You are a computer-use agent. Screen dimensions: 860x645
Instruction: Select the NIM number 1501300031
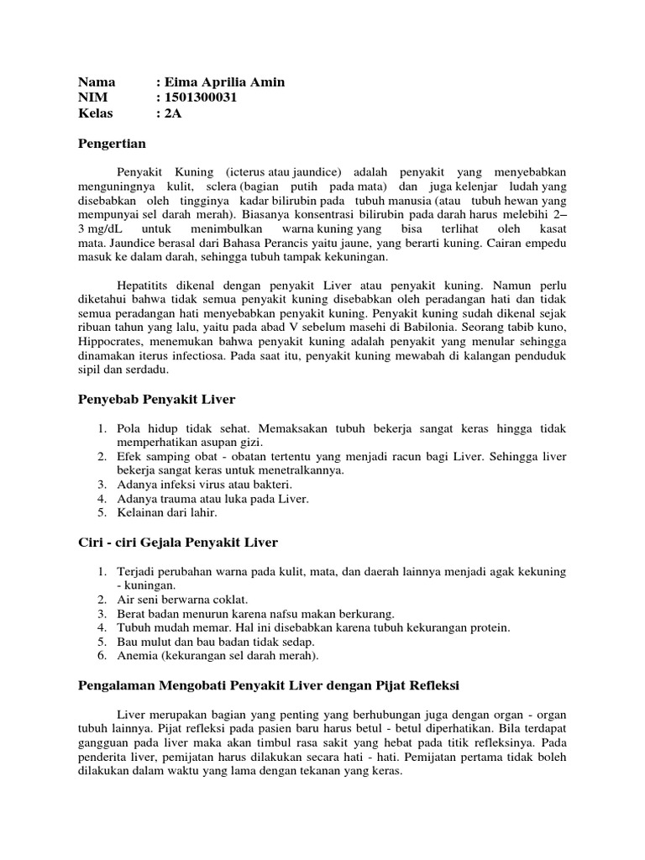point(201,97)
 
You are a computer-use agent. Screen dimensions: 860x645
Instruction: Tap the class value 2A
point(172,113)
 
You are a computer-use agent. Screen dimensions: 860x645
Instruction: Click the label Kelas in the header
point(96,113)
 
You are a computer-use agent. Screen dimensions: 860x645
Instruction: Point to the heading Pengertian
point(112,144)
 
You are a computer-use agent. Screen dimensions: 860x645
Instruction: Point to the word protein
point(488,627)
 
